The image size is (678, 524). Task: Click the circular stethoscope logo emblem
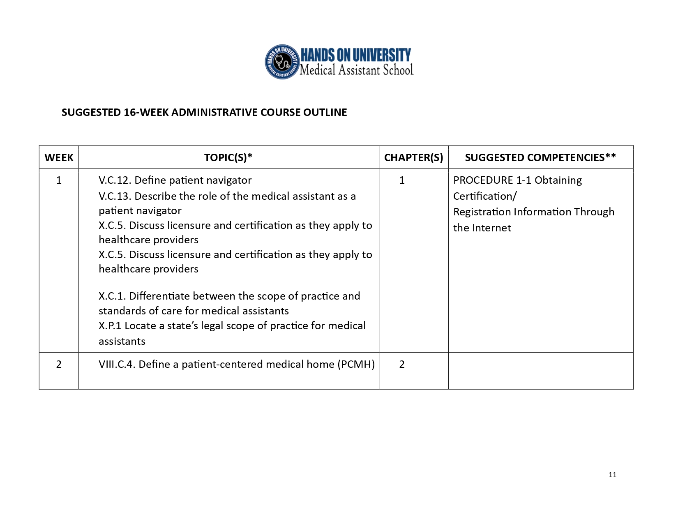[282, 62]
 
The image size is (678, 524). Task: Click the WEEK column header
[59, 157]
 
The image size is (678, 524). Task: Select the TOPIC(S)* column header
[228, 157]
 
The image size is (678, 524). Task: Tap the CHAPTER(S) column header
[413, 157]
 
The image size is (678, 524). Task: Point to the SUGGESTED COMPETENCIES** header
[540, 157]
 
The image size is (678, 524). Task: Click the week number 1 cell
[59, 180]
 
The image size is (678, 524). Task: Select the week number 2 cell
[59, 364]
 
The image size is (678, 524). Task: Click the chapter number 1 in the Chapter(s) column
[402, 180]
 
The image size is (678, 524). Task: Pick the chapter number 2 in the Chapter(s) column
[402, 364]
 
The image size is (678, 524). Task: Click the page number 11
[612, 475]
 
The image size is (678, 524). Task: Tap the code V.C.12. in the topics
[115, 180]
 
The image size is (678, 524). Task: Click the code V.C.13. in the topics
[115, 196]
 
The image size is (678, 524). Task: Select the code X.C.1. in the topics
[112, 296]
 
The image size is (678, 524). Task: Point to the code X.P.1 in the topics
[110, 326]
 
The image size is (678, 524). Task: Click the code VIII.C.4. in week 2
[117, 365]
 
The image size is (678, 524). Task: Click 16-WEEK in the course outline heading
[146, 112]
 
